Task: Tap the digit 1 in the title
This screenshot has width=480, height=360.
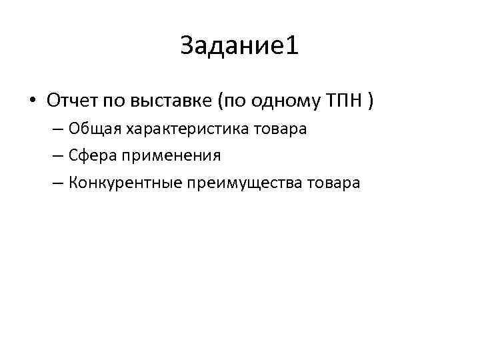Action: [x=292, y=46]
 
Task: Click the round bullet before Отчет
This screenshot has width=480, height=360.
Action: [x=32, y=101]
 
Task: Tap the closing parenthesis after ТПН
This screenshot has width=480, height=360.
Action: [x=371, y=101]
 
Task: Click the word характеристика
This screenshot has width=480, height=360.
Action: [x=184, y=129]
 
